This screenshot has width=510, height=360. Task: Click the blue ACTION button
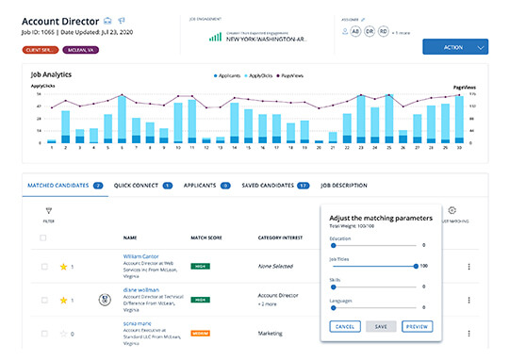click(454, 46)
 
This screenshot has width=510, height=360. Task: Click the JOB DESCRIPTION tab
click(344, 186)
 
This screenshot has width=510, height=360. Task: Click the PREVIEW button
click(417, 326)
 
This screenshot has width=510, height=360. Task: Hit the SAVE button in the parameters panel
click(381, 326)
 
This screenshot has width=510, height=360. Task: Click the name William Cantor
click(141, 255)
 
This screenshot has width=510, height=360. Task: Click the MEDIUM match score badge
click(200, 333)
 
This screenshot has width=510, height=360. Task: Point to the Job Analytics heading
click(52, 74)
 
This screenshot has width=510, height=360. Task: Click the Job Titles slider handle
click(417, 267)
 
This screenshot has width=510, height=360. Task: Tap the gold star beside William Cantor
click(64, 267)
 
